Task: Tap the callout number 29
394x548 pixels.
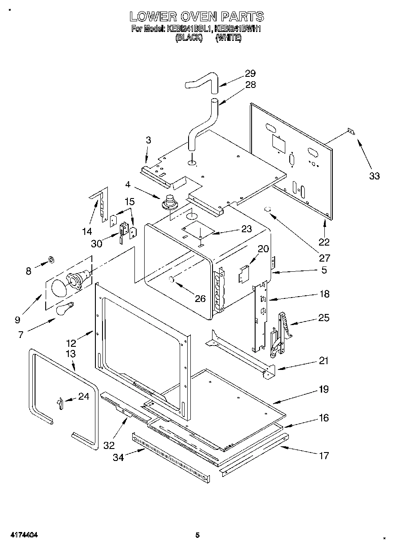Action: [250, 74]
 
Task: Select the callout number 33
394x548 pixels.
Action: [374, 176]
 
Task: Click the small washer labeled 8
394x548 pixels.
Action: [51, 259]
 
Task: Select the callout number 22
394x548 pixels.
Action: [324, 242]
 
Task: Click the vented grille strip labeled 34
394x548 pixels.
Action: [171, 457]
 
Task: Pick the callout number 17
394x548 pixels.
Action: [324, 455]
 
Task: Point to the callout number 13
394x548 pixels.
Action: [71, 354]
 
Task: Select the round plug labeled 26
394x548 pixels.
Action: [172, 279]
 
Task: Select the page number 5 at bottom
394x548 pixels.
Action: [197, 535]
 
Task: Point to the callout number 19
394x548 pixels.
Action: [323, 389]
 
